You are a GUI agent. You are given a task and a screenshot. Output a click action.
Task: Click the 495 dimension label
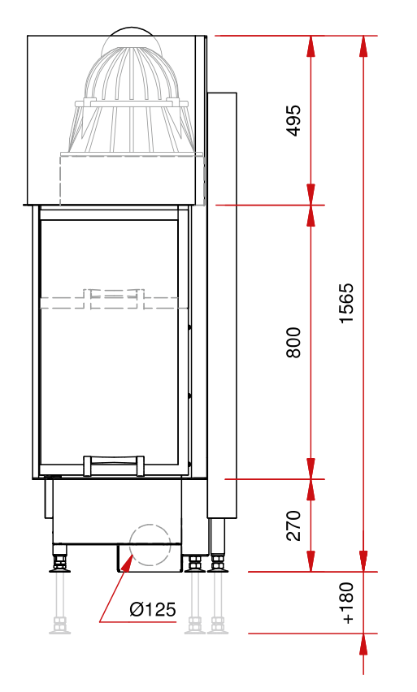pos(293,120)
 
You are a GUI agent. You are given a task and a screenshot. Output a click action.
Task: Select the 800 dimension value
pos(293,342)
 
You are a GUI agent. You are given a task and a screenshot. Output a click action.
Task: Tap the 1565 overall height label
pos(346,303)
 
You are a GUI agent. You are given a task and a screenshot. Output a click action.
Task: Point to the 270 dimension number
pos(293,525)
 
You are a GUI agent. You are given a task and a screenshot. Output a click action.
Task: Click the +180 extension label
pos(347,603)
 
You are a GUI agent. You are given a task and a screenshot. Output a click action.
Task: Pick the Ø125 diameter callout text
pos(153,609)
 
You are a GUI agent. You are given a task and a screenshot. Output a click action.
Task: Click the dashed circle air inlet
pos(150,545)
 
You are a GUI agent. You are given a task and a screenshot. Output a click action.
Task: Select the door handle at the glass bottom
pos(114,465)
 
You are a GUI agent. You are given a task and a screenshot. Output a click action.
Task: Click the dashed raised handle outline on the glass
pos(114,299)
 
